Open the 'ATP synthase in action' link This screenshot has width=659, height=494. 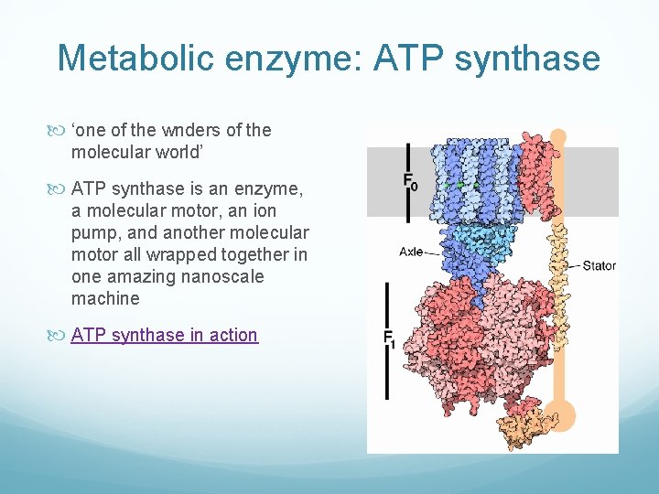tap(164, 335)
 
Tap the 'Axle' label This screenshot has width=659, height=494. tap(410, 251)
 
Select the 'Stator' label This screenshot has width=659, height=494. tap(600, 266)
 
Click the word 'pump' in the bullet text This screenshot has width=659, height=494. tap(92, 232)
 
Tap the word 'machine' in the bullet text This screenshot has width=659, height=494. tap(105, 298)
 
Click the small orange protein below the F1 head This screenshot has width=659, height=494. tap(522, 424)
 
